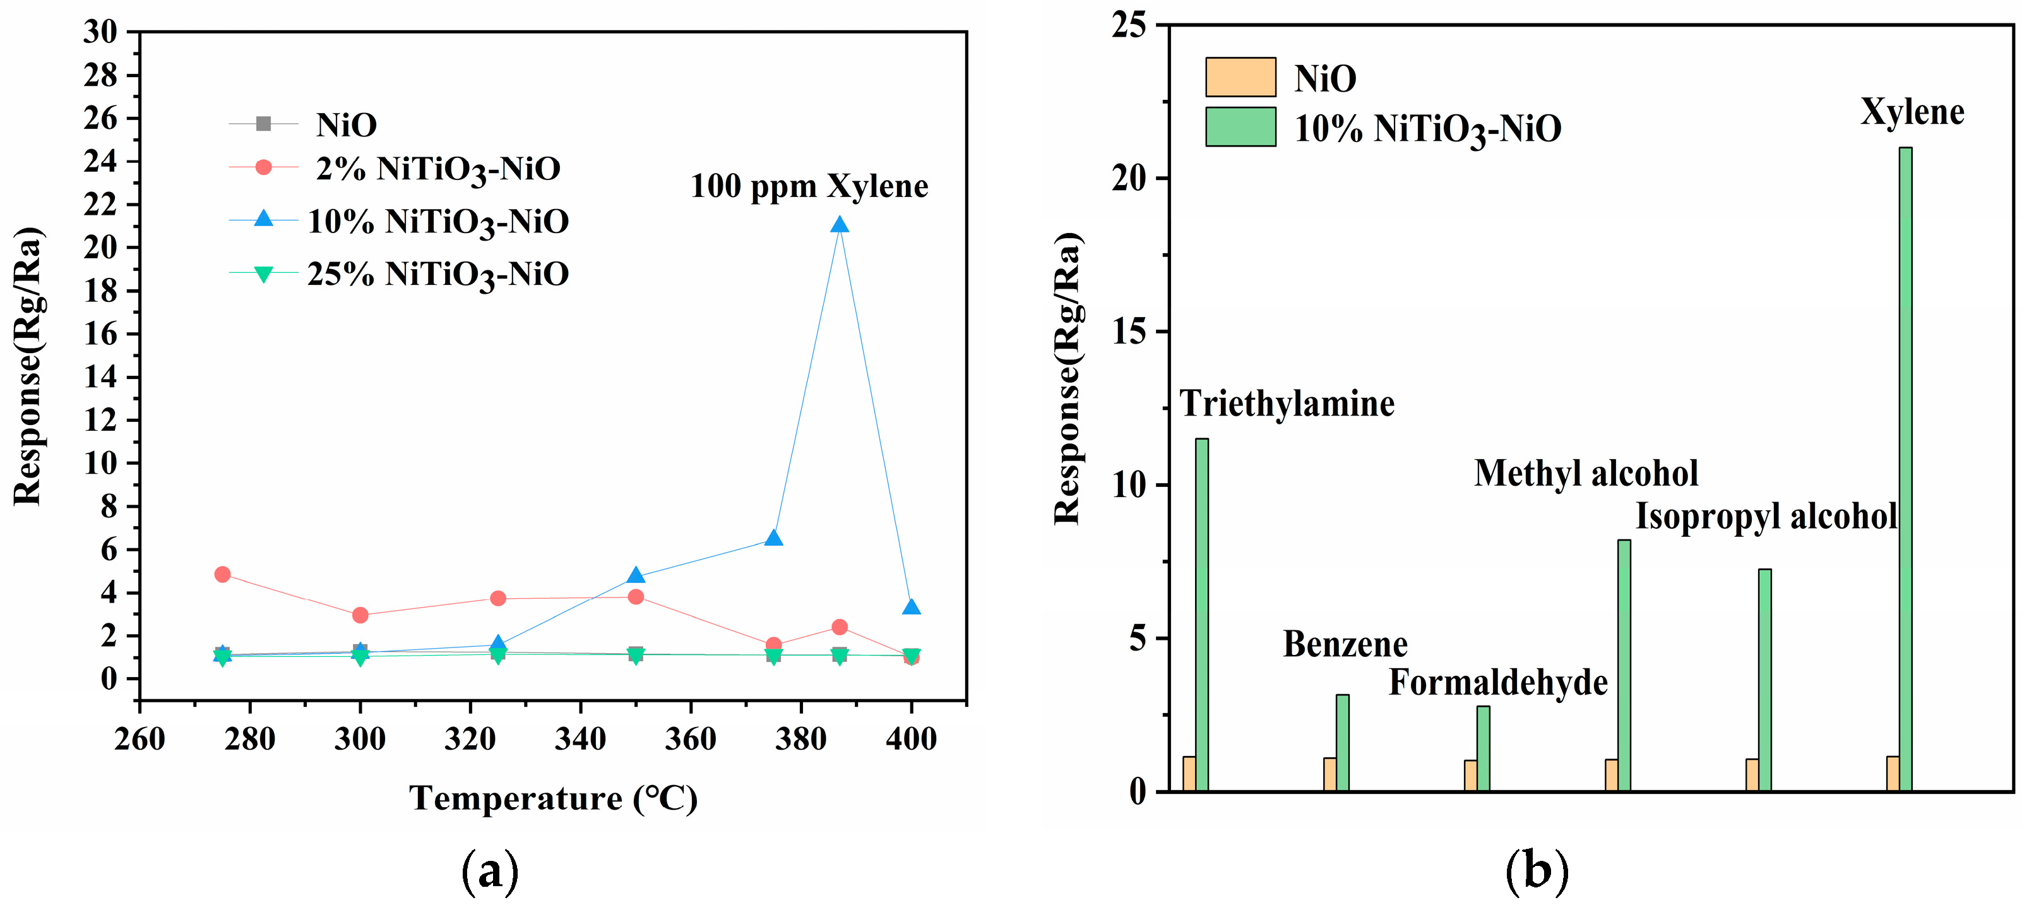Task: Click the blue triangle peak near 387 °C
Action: (839, 225)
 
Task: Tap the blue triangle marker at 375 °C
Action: (773, 538)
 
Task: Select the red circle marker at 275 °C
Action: (222, 574)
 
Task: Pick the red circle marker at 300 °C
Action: (360, 615)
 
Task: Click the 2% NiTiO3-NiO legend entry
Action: (438, 169)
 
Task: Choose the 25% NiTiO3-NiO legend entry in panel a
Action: (438, 274)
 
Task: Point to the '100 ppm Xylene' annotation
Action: (809, 186)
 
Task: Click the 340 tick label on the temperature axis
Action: (580, 739)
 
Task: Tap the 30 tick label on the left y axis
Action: (100, 32)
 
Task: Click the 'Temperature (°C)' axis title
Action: (554, 798)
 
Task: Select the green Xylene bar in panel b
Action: (1905, 468)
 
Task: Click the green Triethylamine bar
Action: (1202, 614)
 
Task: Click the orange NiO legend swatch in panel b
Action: (1240, 77)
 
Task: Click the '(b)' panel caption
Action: (1536, 871)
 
